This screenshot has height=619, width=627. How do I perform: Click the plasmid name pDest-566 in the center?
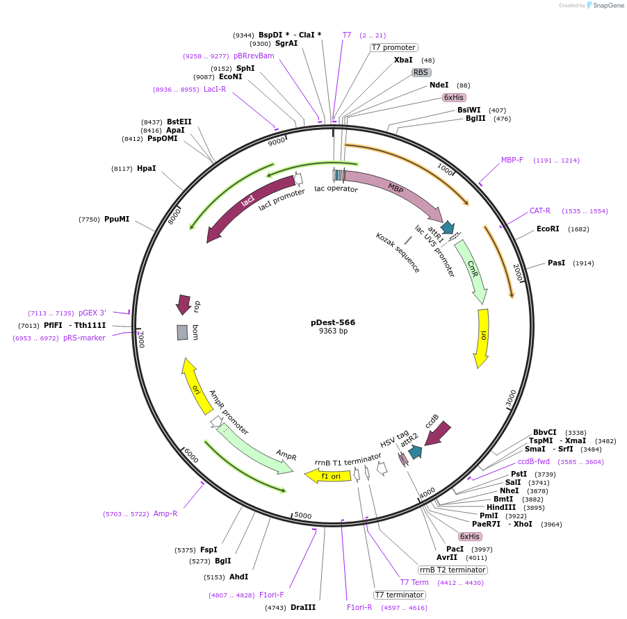tap(333, 322)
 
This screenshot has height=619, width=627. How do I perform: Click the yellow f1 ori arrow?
tap(327, 476)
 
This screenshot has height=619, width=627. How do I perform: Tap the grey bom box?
tap(182, 332)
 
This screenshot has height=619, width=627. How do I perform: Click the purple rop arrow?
tap(184, 304)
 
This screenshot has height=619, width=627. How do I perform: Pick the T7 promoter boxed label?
tap(393, 47)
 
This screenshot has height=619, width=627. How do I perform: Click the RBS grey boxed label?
tap(421, 72)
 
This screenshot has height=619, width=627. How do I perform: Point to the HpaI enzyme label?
tap(146, 168)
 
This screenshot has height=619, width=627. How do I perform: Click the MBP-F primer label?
tap(513, 160)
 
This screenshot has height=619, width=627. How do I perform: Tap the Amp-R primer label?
tap(165, 513)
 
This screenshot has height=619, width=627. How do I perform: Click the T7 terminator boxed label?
tap(399, 595)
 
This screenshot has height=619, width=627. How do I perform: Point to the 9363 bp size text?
tap(333, 331)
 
